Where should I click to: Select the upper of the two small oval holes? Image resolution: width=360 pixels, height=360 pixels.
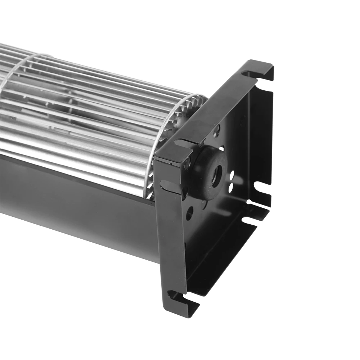click(x=231, y=176)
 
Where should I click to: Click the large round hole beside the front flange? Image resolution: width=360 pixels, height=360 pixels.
click(x=189, y=213)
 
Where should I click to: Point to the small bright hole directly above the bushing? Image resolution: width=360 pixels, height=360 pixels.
click(x=221, y=148)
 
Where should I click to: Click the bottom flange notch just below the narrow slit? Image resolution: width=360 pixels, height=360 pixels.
click(x=248, y=220)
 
